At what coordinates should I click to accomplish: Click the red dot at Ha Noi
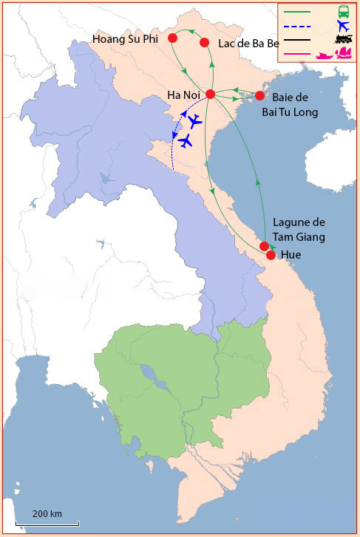pos(210,95)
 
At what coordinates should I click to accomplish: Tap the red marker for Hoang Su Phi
pos(172,38)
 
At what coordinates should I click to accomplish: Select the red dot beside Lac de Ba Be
pos(205,43)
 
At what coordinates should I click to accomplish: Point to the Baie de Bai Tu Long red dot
pos(259,95)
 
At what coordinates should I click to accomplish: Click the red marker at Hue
pos(271,255)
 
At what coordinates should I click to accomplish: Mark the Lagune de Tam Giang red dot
pos(264,246)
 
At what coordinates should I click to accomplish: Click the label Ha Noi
pos(185,95)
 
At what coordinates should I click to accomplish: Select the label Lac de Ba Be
pos(249,44)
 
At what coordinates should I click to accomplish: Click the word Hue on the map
pos(291,255)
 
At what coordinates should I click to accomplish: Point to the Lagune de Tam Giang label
pos(299,229)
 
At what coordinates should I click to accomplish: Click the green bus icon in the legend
pos(344,11)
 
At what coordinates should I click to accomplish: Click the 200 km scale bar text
pos(47,513)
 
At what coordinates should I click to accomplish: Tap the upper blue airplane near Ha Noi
pos(194,121)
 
